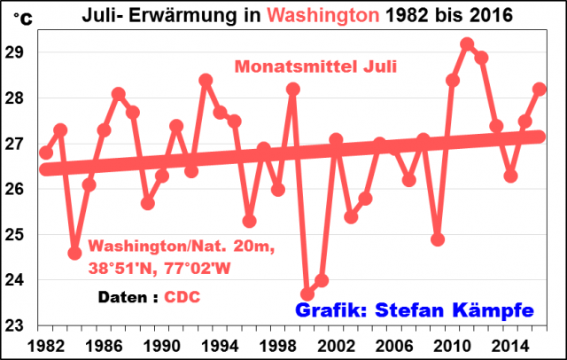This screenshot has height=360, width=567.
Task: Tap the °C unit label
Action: [x=19, y=19]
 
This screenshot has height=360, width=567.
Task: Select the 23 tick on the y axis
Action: [x=19, y=325]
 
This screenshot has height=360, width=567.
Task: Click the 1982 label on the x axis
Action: [x=44, y=344]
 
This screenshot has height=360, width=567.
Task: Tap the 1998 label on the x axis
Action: [x=277, y=344]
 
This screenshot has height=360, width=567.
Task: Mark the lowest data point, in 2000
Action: [x=307, y=294]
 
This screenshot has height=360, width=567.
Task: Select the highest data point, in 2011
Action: [x=467, y=44]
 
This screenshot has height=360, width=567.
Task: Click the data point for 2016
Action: [x=540, y=89]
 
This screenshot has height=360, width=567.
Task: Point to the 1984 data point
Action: [x=74, y=253]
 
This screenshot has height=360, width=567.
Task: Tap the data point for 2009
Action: [x=438, y=239]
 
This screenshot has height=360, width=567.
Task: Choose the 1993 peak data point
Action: [x=206, y=80]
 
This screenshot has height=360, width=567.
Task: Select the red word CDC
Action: [x=183, y=299]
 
